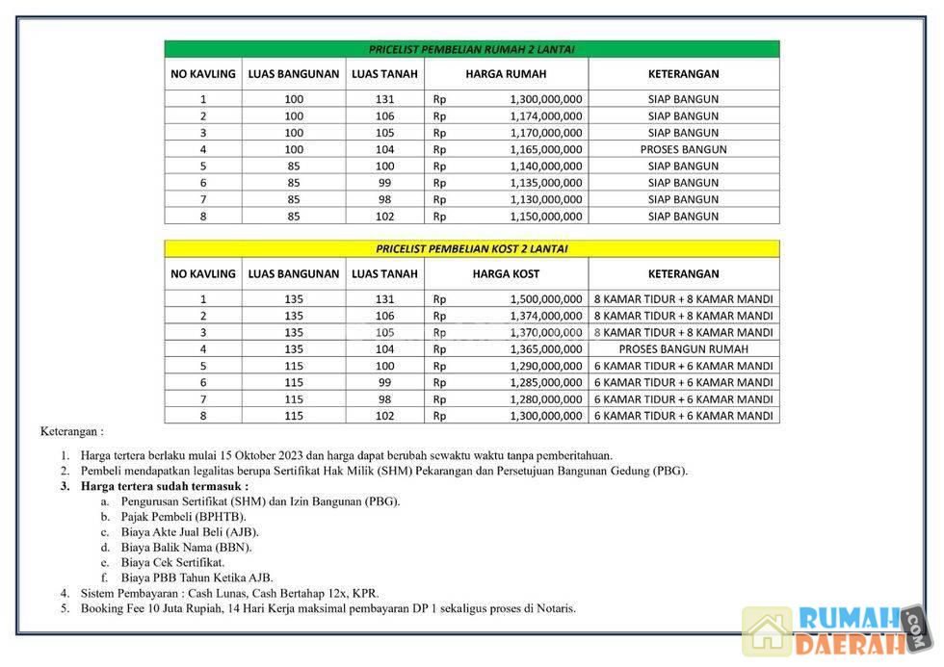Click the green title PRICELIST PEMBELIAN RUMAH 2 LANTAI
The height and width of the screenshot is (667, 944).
coord(471,49)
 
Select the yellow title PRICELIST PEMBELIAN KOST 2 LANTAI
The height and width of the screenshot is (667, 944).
coord(471,248)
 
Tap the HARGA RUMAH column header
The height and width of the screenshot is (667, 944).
coord(506,73)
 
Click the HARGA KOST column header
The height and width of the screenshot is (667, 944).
coord(506,273)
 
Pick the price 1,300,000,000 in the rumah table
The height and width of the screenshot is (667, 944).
coord(545,99)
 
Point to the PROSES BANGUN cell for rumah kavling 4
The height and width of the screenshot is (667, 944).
coord(683,149)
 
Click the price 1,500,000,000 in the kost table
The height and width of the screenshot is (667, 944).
coord(545,299)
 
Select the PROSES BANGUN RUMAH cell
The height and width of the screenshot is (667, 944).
coord(683,349)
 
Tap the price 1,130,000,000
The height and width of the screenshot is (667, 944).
coord(545,199)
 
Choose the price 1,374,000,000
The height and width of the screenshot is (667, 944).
coord(545,316)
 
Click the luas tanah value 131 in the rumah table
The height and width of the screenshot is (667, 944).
coord(384,99)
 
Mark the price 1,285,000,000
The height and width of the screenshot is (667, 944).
coord(545,382)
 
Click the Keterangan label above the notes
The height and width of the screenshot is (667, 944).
coord(71,432)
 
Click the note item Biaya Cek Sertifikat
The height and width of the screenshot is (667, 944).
coord(172,562)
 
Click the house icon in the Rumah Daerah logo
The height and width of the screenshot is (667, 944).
coord(767,631)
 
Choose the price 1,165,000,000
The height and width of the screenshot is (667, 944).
coord(545,149)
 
